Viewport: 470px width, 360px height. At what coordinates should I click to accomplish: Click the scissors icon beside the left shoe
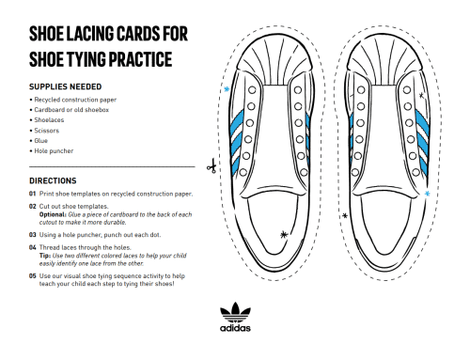point(213,169)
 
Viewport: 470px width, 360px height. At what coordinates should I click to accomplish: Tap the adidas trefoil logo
point(235,312)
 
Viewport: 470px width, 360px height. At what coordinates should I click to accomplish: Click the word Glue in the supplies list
point(43,139)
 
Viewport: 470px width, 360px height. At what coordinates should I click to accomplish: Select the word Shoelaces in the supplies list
point(52,118)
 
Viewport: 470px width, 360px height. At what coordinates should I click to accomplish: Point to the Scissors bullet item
point(49,129)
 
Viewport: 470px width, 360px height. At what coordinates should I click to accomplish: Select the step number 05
point(33,275)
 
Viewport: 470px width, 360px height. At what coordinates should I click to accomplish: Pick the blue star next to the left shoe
point(227,89)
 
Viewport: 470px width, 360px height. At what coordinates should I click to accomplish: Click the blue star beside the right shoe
point(429,195)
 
